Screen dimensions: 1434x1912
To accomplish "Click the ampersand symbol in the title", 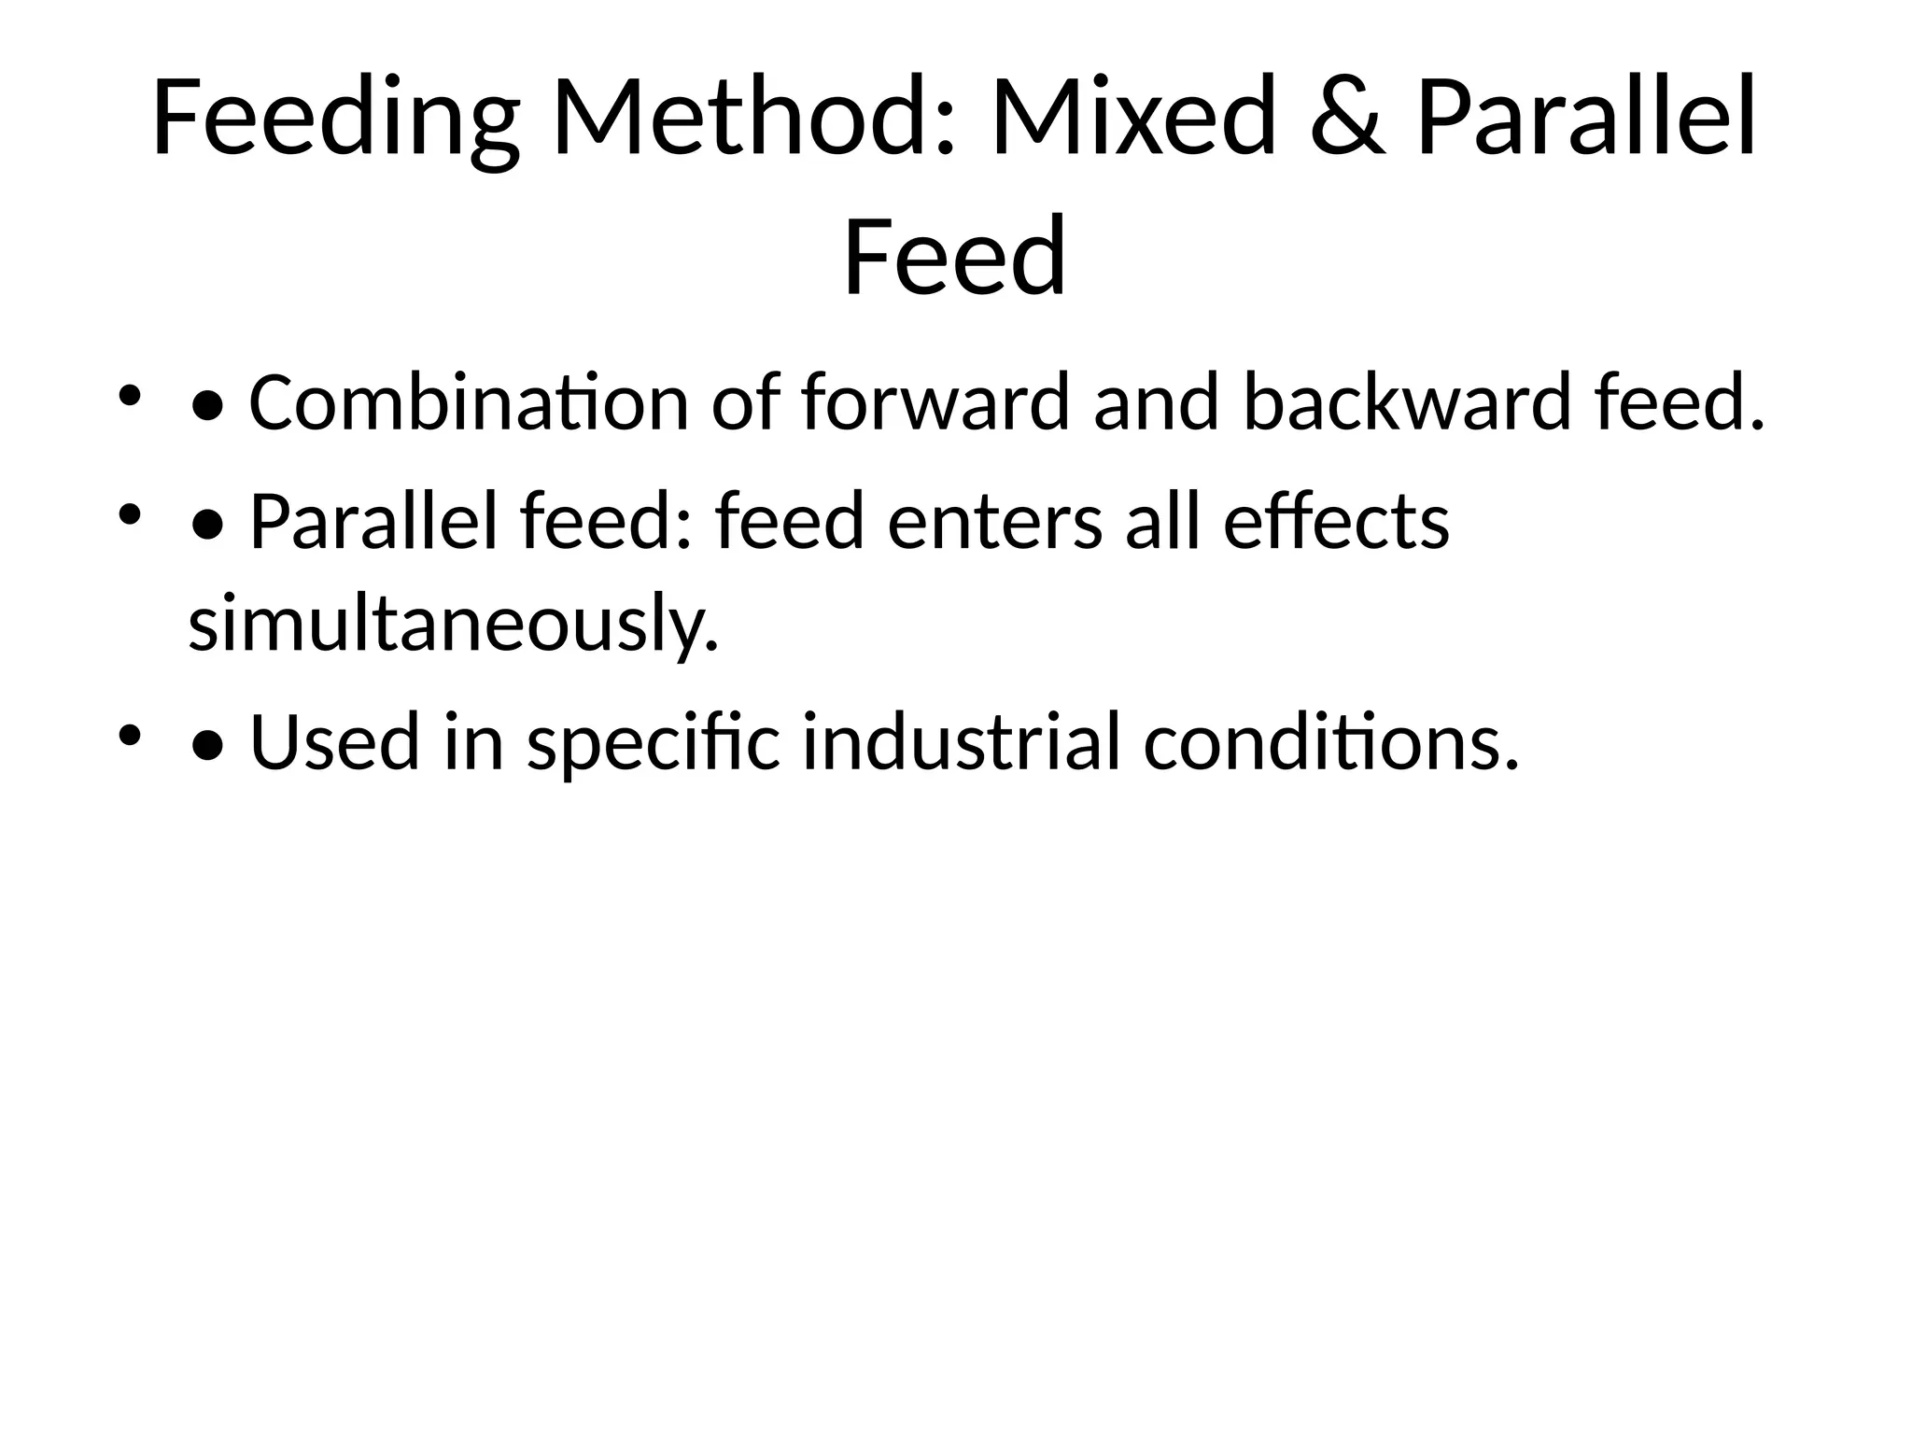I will click(1347, 119).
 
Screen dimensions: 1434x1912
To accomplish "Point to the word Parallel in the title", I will click(1587, 119).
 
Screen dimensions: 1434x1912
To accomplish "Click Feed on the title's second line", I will click(954, 256).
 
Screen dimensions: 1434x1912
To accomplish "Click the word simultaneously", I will click(454, 624).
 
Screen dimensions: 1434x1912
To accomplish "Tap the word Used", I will click(335, 743).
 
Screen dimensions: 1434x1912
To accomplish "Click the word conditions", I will click(1331, 743).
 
